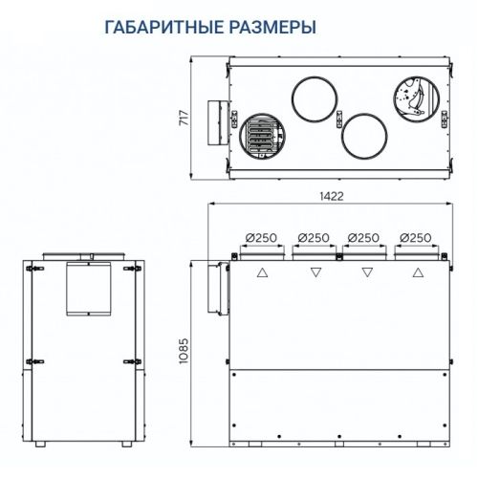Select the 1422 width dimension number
coord(331,196)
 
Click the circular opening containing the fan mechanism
coord(412,97)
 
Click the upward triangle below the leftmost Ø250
coord(262,272)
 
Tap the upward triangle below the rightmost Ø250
coord(417,272)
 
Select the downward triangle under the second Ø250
coord(315,272)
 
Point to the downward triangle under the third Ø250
coord(366,272)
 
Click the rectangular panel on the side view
coord(87,289)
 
